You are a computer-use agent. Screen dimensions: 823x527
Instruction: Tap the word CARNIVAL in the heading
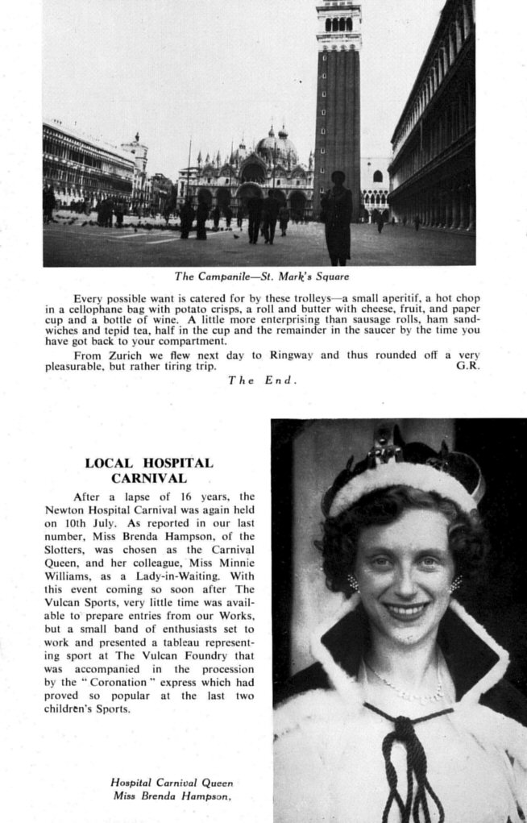click(150, 479)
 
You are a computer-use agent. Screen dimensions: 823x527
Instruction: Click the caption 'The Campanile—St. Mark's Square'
click(262, 276)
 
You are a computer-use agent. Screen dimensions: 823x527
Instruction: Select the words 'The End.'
click(263, 380)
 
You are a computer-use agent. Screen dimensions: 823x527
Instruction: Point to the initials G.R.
click(467, 366)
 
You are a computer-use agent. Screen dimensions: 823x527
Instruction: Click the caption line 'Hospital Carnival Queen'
click(172, 782)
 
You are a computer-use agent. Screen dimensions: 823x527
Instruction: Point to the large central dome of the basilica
click(276, 150)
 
